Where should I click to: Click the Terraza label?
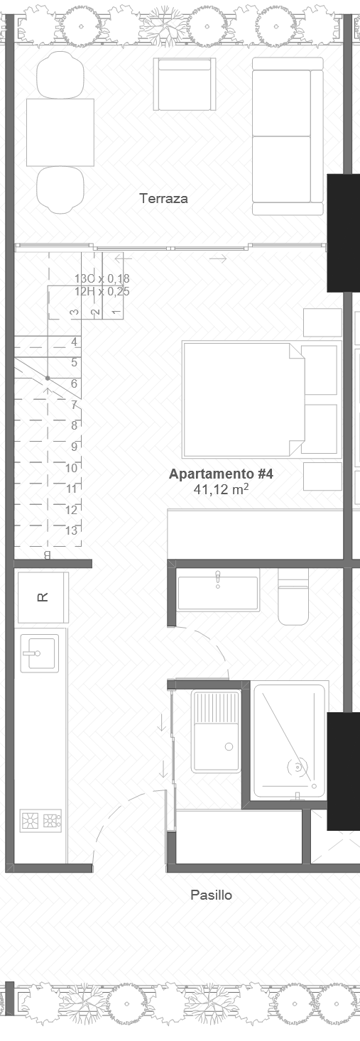[164, 199]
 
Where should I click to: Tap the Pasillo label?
[211, 895]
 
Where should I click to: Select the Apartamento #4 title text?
[221, 474]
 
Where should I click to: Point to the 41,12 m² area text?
[221, 489]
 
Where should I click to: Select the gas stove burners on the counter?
[41, 821]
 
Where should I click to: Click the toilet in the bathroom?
[294, 598]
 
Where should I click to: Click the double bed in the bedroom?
[243, 399]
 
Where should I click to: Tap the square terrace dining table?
[60, 132]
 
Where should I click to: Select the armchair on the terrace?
[184, 85]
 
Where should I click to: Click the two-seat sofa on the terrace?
[282, 135]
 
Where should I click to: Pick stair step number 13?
[72, 530]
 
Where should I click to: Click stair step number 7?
[74, 405]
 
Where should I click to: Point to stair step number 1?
[116, 311]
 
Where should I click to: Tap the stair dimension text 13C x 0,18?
[102, 279]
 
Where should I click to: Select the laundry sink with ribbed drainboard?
[217, 731]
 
